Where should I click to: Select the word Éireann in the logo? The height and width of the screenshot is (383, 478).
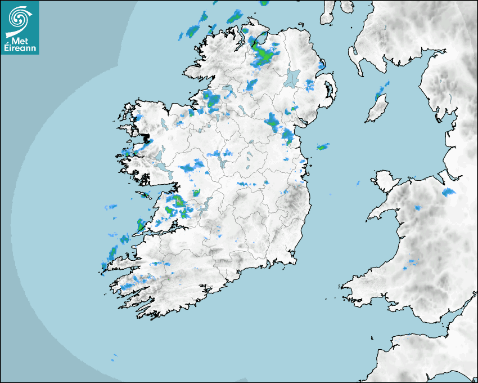tap(19, 48)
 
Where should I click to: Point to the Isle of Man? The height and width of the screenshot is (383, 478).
tap(377, 108)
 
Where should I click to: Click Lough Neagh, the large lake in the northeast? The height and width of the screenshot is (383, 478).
tap(293, 77)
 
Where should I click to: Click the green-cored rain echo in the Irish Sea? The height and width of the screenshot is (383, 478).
tap(323, 147)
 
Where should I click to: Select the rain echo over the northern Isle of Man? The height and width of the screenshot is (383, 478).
tap(384, 88)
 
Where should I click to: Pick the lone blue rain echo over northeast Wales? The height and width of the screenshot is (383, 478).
tap(448, 192)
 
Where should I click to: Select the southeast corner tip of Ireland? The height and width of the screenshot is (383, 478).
tap(293, 260)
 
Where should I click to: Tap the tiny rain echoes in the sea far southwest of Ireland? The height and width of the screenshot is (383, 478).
tap(114, 357)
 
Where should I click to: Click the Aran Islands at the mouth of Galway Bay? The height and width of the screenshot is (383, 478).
tap(146, 195)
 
